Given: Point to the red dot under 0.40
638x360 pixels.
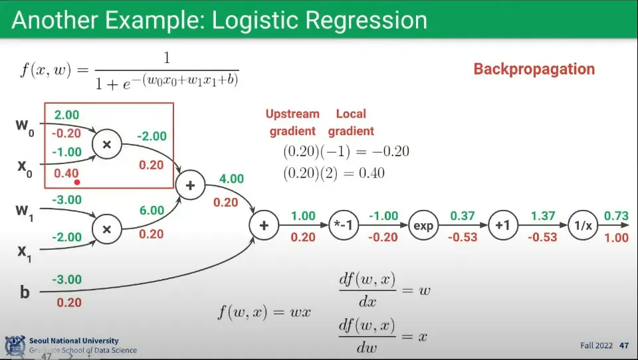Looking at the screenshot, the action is (x=77, y=182).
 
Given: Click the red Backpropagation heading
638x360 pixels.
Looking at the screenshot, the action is (x=534, y=69).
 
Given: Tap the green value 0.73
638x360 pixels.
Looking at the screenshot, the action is (x=616, y=216).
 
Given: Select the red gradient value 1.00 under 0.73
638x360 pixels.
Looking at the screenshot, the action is (x=617, y=237).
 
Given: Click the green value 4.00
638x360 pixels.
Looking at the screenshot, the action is (x=231, y=179).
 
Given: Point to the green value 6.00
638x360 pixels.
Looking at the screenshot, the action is (x=152, y=211).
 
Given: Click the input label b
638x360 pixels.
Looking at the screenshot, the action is (x=25, y=292).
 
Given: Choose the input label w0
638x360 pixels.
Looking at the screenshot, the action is (x=25, y=127).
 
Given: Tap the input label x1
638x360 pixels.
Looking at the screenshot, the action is (x=25, y=252).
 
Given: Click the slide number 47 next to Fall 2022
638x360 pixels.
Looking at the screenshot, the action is (x=624, y=345).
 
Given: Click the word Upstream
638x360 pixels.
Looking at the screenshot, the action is (x=292, y=114).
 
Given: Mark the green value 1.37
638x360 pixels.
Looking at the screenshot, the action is (x=543, y=216).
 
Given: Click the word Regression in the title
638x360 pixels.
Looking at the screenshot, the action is (x=366, y=21).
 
